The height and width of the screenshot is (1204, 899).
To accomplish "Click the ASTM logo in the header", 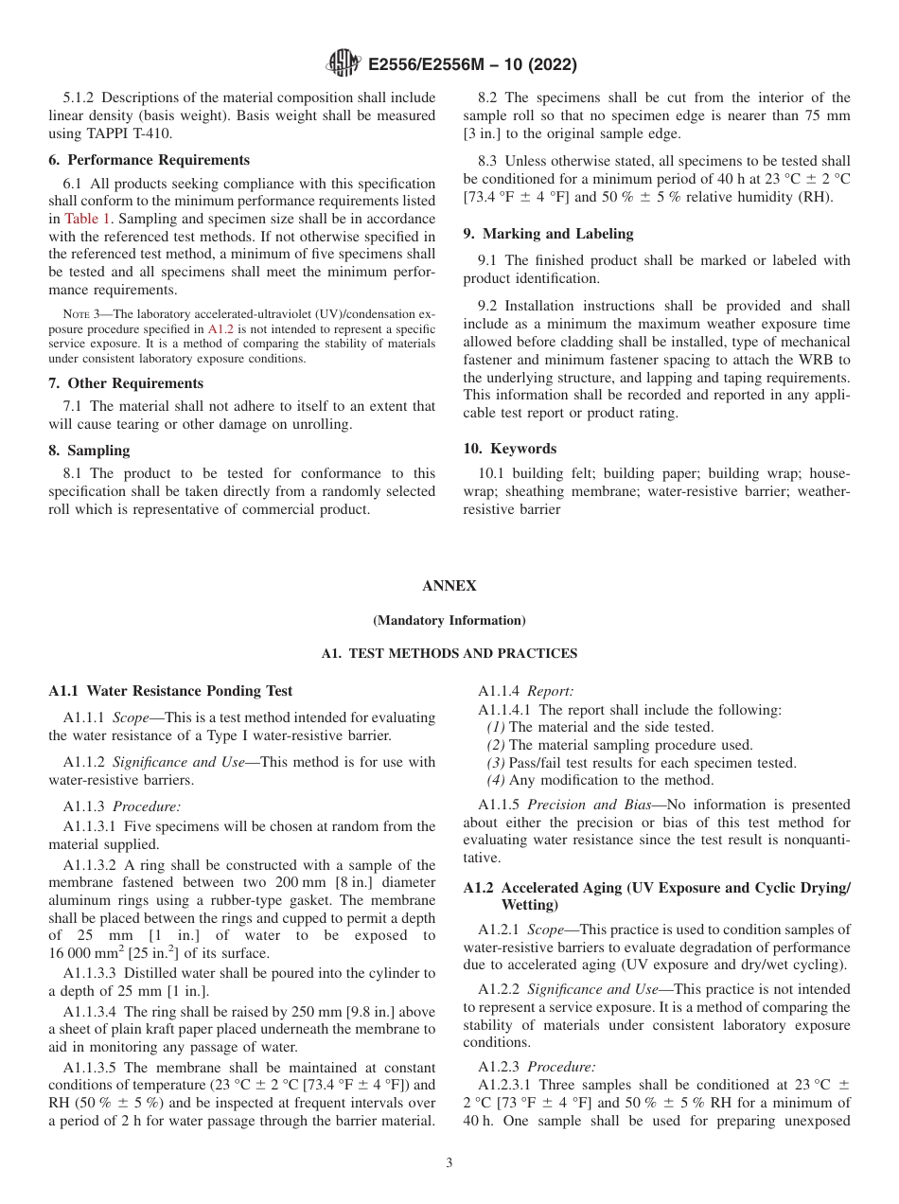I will point(343,64).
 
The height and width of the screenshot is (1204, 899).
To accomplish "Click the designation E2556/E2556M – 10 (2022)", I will point(470,65).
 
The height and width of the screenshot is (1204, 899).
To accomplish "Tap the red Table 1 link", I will point(84,218).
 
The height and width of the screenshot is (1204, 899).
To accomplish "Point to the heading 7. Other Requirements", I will point(126,383).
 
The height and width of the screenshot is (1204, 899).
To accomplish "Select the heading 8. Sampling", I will point(89,451).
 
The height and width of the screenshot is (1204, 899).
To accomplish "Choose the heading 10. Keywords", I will point(509,449).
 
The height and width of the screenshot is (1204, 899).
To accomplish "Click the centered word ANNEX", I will point(449,586).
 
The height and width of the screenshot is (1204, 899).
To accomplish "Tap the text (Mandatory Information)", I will point(449,621).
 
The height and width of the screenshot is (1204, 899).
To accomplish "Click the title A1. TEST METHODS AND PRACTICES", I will point(449,654).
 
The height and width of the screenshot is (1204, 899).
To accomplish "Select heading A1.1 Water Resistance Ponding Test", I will point(170,691).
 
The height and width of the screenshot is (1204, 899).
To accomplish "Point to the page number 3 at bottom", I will point(449,1162).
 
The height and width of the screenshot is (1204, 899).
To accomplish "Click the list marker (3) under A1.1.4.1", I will point(496,763).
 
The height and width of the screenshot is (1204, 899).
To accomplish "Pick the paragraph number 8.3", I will point(489,162).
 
